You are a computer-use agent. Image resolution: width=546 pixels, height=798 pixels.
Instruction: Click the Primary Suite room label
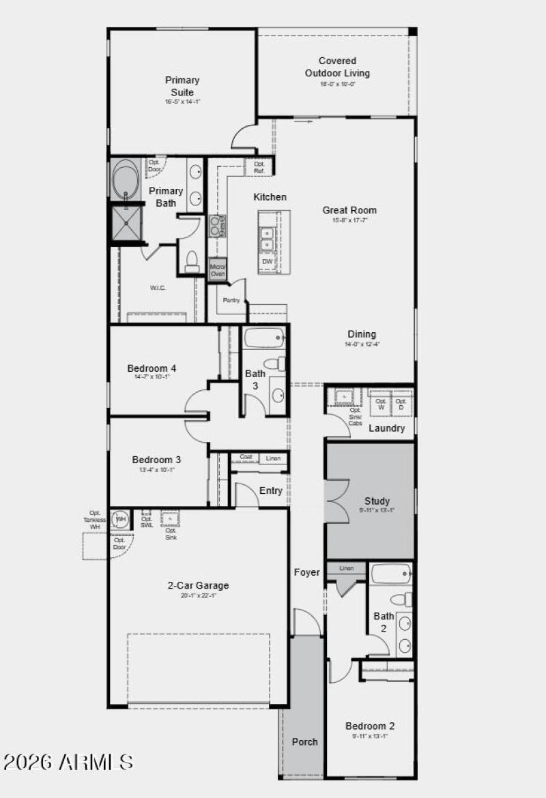tap(182, 86)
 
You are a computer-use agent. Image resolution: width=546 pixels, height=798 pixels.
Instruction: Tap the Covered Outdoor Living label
tap(337, 68)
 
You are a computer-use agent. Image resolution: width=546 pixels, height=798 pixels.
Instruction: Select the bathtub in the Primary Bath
tap(126, 180)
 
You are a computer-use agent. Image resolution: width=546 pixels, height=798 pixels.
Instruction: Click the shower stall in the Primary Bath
tap(128, 224)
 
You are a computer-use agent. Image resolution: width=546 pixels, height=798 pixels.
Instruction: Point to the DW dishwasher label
tap(267, 262)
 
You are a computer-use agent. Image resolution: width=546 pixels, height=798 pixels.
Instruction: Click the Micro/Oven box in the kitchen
tap(218, 269)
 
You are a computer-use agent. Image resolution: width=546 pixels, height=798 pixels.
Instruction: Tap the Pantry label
tap(230, 300)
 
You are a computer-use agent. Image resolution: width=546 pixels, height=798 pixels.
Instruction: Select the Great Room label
tap(349, 210)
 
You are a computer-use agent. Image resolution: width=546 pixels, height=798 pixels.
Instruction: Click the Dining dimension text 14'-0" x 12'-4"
tap(362, 344)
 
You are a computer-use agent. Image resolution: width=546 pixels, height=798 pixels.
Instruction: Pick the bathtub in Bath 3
tap(264, 338)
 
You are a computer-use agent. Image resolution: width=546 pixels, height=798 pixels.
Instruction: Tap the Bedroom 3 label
tap(156, 460)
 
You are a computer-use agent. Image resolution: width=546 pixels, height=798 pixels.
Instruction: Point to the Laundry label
tap(387, 428)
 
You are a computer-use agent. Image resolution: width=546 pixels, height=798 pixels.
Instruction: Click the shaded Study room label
tap(377, 501)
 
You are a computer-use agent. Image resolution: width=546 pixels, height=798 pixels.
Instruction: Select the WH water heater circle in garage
tap(120, 520)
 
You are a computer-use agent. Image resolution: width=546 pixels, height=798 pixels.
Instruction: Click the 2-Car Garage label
tap(199, 585)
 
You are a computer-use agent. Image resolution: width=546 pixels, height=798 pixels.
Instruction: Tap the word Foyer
tap(306, 572)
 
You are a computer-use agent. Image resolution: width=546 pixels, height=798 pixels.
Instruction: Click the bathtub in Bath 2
tap(392, 574)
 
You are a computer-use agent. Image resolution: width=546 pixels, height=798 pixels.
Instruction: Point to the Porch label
tap(304, 741)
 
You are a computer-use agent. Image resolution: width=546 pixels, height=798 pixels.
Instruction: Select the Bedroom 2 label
tap(370, 726)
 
